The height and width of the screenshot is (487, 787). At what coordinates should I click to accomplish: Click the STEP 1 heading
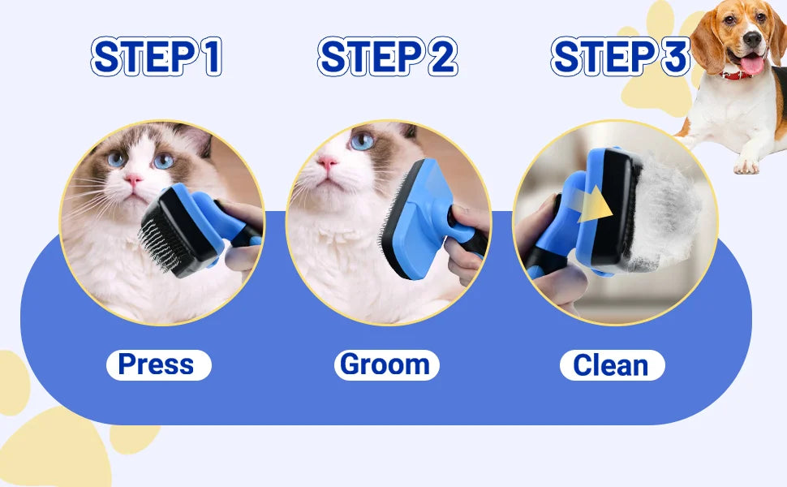(x=157, y=57)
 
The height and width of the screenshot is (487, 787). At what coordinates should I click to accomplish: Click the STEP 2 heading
(x=387, y=57)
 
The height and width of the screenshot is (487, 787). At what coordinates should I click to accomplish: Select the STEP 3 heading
(x=620, y=57)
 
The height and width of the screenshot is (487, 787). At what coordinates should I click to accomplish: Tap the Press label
(x=158, y=365)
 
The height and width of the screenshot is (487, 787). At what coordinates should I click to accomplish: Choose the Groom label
(x=386, y=365)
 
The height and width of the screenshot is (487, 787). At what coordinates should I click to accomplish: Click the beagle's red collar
(x=737, y=75)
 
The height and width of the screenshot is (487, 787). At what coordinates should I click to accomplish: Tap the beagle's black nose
(x=752, y=38)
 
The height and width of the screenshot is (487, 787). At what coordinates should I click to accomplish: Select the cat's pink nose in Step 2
(x=327, y=163)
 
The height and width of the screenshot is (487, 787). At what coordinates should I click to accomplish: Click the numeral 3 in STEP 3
(x=675, y=57)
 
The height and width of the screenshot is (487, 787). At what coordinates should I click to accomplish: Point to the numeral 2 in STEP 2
(x=442, y=57)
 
